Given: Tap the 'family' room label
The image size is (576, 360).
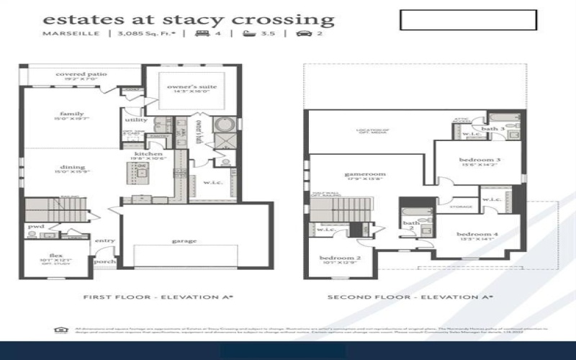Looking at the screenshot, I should [72, 114].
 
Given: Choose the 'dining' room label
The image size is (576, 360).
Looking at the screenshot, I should [72, 167].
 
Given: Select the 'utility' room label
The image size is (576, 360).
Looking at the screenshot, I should [135, 120].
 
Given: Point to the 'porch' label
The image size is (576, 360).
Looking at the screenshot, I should [105, 262].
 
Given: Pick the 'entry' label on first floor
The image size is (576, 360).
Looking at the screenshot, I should [104, 240].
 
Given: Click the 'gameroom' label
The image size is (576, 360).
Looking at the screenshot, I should [364, 174].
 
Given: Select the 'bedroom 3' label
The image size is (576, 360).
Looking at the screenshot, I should [479, 159].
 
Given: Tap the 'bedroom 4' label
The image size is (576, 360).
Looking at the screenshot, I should [477, 235].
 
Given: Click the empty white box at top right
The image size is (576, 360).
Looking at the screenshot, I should [468, 20].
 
